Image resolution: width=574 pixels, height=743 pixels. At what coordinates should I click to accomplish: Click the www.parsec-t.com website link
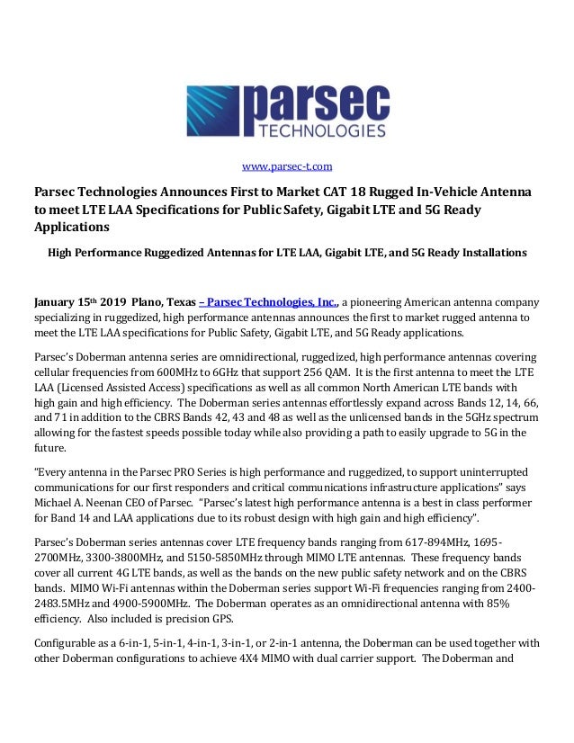click(287, 166)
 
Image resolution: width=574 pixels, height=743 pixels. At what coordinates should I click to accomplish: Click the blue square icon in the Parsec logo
click(215, 112)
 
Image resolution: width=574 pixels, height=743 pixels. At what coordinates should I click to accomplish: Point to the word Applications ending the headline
click(70, 226)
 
